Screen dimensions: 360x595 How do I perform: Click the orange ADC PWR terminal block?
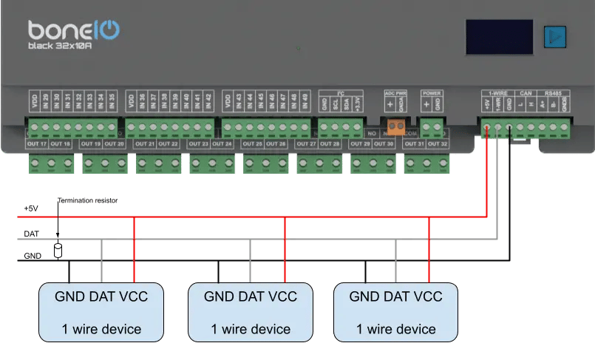(395, 127)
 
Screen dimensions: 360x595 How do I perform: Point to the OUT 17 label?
(38, 143)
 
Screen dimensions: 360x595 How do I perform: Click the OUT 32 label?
(438, 143)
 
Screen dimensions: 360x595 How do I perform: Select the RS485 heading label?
(553, 93)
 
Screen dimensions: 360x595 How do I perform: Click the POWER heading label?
(432, 93)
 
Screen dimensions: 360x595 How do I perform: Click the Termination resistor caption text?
(87, 200)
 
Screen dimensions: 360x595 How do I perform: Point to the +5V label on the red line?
(30, 209)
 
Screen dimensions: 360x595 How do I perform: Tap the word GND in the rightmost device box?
(364, 296)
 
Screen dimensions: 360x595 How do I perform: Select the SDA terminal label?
(347, 105)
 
